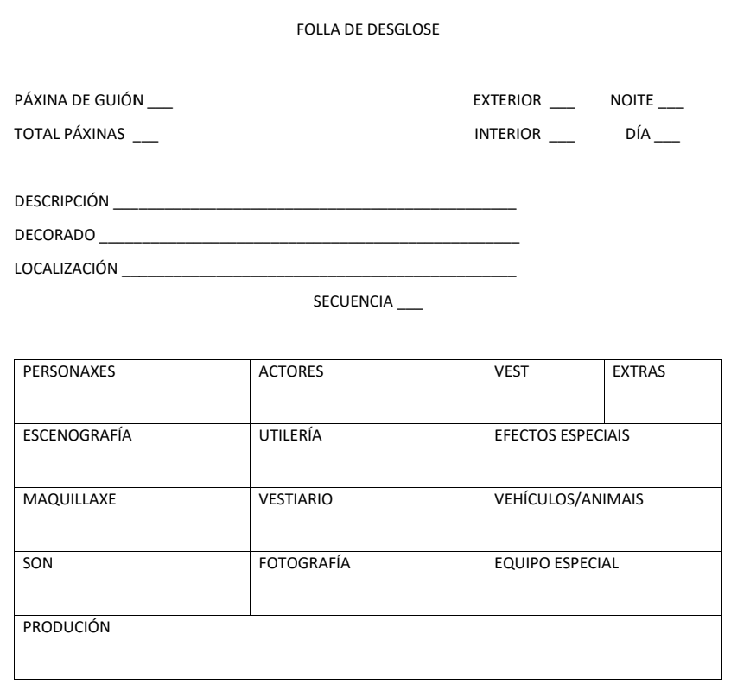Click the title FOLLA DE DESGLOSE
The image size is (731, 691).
pyautogui.click(x=368, y=30)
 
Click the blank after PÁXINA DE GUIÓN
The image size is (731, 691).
pyautogui.click(x=161, y=105)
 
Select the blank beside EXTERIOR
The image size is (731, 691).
pyautogui.click(x=563, y=105)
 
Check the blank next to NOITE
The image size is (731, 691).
pyautogui.click(x=671, y=105)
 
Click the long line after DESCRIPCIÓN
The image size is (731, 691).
pyautogui.click(x=315, y=206)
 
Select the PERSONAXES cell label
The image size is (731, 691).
pyautogui.click(x=69, y=372)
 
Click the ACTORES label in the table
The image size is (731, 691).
pyautogui.click(x=291, y=372)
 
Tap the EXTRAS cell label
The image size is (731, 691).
pyautogui.click(x=639, y=372)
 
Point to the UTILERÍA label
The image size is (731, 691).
pyautogui.click(x=290, y=436)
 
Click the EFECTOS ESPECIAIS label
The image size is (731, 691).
pyautogui.click(x=562, y=436)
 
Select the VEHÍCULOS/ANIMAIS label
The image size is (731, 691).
pyautogui.click(x=569, y=500)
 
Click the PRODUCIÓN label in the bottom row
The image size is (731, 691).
pyautogui.click(x=67, y=628)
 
